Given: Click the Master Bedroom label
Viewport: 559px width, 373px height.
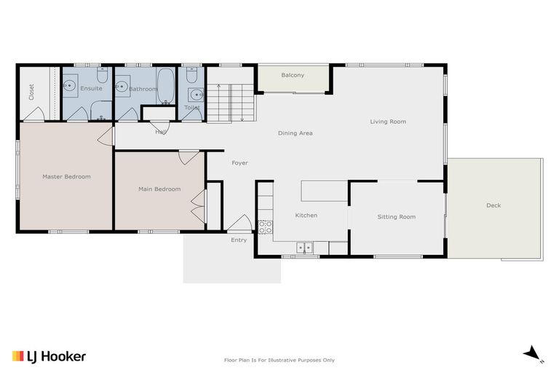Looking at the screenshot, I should coord(66,176).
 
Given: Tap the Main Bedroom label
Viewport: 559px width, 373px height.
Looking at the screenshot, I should coord(159,189).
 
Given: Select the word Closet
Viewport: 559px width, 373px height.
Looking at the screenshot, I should coord(31,91).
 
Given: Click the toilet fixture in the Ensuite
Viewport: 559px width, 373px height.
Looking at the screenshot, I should coord(103,76).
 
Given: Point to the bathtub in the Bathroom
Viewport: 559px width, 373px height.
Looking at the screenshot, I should coord(165,87).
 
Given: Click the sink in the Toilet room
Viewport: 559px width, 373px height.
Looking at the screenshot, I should coord(195,94).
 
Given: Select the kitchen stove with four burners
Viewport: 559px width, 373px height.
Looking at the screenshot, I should coord(265,227).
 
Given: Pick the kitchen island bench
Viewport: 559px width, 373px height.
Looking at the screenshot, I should coord(324,191).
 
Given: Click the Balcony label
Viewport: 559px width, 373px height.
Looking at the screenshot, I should coord(293,75).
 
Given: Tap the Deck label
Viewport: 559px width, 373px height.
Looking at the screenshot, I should coord(493,205).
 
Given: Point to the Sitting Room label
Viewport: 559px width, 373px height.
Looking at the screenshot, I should coord(396,217).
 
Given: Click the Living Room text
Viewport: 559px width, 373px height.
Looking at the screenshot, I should coord(388,122).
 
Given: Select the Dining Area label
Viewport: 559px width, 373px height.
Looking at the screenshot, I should coord(296,133).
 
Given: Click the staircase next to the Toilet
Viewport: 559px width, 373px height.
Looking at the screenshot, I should coord(231,103).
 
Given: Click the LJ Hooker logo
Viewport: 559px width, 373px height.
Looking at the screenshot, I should coord(49,356).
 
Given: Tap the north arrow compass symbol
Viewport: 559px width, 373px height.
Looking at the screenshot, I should coord(533,353).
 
